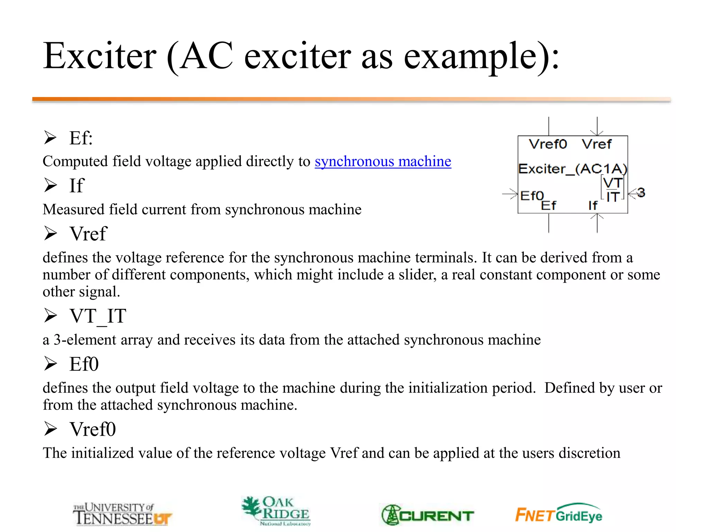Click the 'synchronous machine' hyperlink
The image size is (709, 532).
pyautogui.click(x=383, y=162)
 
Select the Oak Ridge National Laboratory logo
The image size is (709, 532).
pyautogui.click(x=276, y=511)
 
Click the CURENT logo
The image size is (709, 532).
pyautogui.click(x=428, y=515)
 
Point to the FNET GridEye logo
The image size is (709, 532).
pyautogui.click(x=559, y=514)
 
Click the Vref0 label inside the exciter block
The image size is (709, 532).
pyautogui.click(x=548, y=144)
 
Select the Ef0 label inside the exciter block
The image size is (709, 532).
pyautogui.click(x=532, y=196)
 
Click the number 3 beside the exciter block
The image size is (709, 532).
pyautogui.click(x=641, y=193)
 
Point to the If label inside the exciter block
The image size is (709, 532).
pyautogui.click(x=593, y=206)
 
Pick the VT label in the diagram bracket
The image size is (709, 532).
pyautogui.click(x=613, y=183)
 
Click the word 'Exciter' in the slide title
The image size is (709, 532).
pyautogui.click(x=100, y=56)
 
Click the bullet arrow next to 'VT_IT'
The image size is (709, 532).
pyautogui.click(x=51, y=316)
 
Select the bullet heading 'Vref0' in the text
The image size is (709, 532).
pyautogui.click(x=93, y=429)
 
